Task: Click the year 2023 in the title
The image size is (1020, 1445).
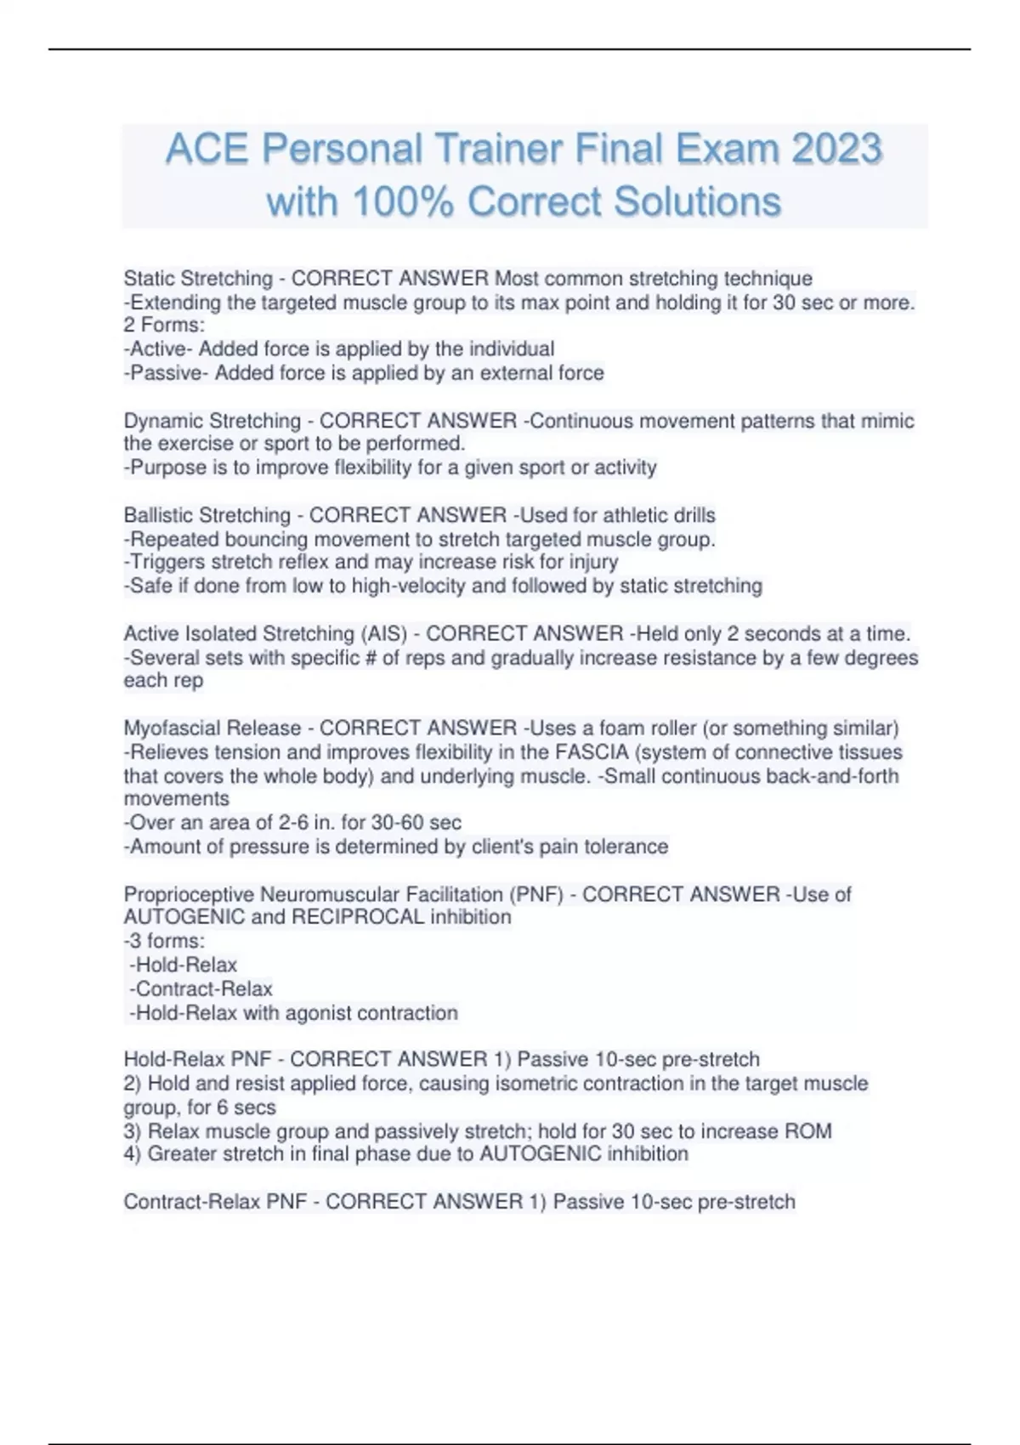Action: point(836,150)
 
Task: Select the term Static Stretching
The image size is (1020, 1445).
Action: point(198,279)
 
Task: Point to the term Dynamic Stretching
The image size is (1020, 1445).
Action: point(212,421)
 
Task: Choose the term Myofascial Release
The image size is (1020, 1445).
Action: point(212,728)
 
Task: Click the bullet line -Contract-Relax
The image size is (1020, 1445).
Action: point(201,989)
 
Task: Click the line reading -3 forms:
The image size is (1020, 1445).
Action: point(165,941)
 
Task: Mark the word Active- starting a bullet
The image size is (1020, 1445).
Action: point(158,349)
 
